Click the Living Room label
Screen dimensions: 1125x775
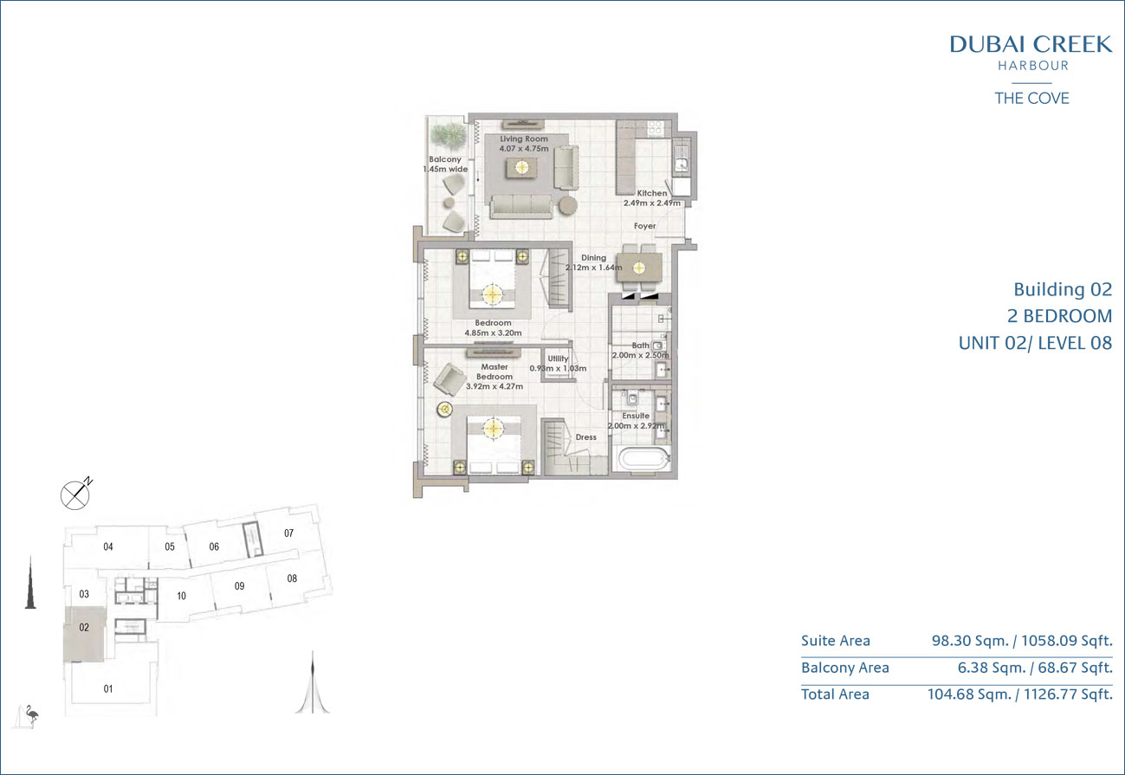[524, 139]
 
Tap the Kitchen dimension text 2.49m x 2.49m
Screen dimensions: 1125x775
[652, 203]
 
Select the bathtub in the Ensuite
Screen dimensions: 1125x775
[644, 459]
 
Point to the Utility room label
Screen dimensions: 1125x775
[558, 358]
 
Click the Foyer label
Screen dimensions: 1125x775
[645, 226]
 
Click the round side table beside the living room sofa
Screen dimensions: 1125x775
[568, 205]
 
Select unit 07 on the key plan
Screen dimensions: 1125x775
[288, 533]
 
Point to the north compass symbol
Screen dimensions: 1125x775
[75, 494]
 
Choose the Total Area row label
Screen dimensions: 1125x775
[835, 694]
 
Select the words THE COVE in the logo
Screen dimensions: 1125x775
[1031, 98]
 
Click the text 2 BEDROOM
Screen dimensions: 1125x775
[1059, 316]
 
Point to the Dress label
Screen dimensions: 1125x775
[586, 437]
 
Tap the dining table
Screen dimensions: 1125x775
[639, 268]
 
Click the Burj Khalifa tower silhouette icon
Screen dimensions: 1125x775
[30, 583]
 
